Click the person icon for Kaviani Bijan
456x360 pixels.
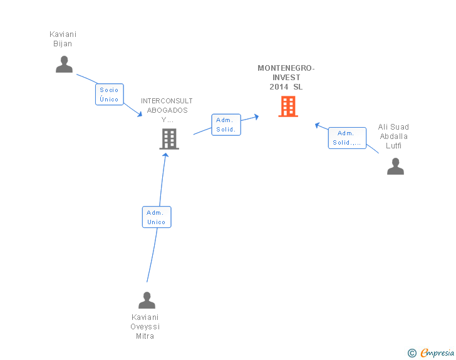[x=64, y=64]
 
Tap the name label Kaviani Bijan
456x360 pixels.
[x=63, y=39]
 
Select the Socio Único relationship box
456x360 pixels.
[x=109, y=95]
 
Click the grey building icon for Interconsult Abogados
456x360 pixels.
[x=169, y=139]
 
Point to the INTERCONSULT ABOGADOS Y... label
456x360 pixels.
[x=167, y=110]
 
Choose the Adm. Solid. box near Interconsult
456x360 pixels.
[x=225, y=125]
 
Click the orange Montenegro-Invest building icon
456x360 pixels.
[x=288, y=106]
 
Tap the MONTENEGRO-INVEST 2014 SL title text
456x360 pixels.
[x=286, y=78]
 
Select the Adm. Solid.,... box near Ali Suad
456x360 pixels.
[x=346, y=138]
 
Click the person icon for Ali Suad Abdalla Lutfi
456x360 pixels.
[x=395, y=166]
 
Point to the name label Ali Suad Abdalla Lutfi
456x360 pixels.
[x=393, y=136]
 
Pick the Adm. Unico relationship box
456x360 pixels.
[x=156, y=217]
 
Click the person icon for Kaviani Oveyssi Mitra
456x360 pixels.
[x=147, y=301]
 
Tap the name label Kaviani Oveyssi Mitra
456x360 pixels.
[x=145, y=327]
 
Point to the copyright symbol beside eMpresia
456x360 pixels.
[x=412, y=353]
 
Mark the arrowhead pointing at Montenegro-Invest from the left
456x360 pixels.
[x=256, y=116]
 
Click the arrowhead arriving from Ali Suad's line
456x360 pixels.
[x=318, y=125]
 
